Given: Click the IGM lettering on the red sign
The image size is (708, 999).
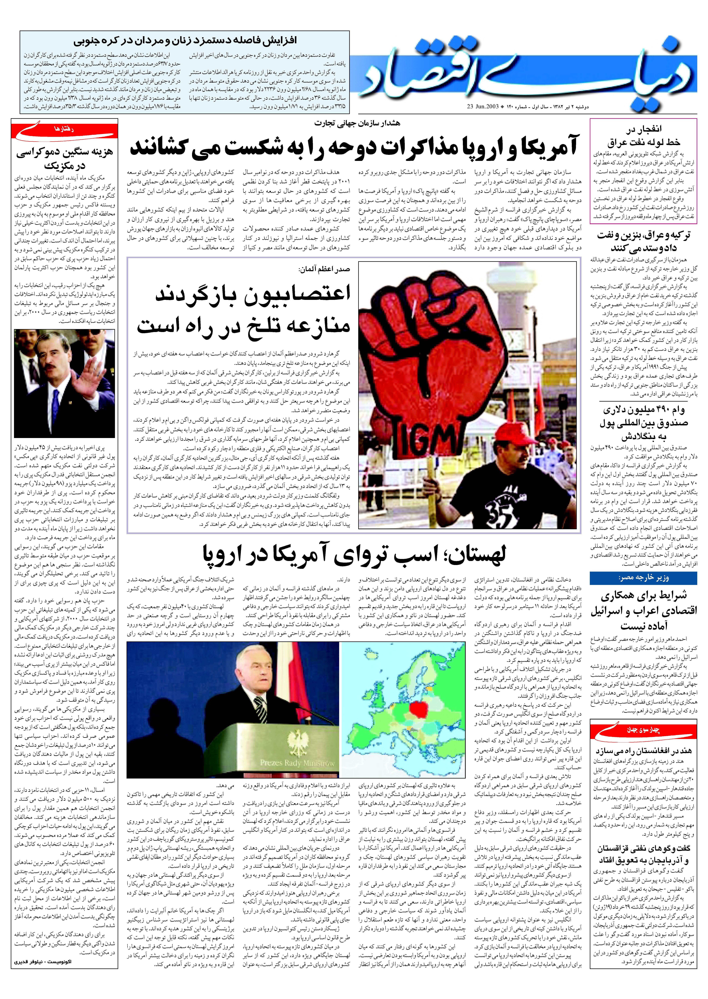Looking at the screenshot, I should point(425,436).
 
